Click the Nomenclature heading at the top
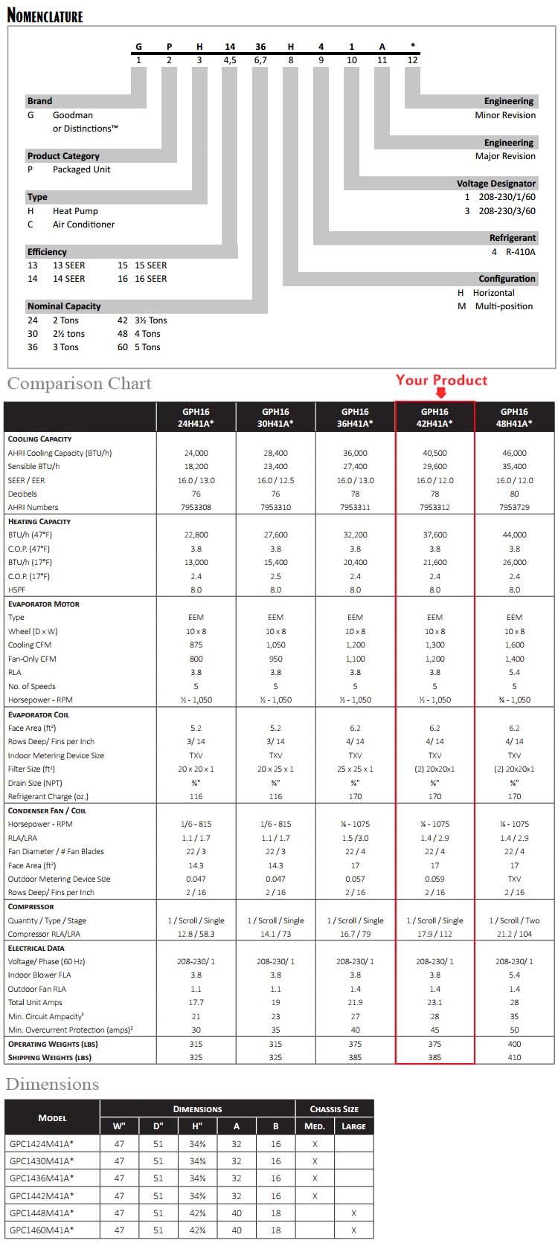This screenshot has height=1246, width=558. [45, 15]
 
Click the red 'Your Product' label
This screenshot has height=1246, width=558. [441, 380]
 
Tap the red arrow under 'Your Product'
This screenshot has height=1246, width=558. [441, 393]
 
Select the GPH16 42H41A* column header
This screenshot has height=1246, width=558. [434, 417]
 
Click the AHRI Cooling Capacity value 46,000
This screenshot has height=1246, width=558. [514, 453]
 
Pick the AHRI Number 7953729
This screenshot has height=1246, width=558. [514, 507]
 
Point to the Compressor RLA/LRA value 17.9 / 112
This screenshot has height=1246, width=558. [434, 934]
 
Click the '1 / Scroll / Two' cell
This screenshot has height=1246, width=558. [514, 920]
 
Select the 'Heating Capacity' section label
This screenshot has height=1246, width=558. [39, 521]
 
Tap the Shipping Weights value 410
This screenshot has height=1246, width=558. [514, 1057]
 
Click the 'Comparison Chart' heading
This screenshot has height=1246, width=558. [79, 384]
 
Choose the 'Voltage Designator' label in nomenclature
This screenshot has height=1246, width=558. [496, 183]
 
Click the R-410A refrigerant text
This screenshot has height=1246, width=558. [520, 252]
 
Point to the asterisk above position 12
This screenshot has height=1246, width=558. [413, 46]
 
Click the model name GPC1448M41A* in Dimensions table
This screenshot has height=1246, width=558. [42, 1213]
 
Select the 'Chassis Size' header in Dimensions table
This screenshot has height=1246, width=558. [334, 1108]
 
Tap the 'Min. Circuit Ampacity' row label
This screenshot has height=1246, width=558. [45, 1016]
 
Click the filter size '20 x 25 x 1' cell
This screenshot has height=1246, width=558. [275, 769]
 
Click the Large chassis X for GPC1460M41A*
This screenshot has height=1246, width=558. [353, 1230]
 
